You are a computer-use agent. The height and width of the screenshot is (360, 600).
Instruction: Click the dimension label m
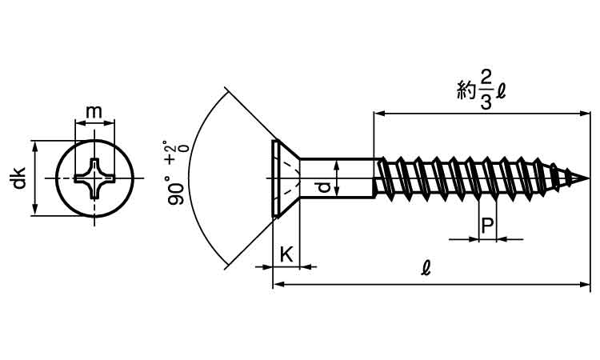(94, 112)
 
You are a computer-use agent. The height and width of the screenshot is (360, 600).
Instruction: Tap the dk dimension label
(18, 178)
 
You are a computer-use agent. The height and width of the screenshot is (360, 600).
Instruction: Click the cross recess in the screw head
(95, 178)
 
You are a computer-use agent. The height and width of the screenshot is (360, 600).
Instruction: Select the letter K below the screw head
(286, 254)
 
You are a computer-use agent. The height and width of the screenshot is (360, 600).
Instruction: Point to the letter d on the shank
(323, 187)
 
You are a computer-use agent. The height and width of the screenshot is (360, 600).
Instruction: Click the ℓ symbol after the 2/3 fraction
(501, 90)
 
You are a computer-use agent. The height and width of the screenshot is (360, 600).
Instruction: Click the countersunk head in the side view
(283, 178)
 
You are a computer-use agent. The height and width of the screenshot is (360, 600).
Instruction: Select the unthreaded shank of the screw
(336, 178)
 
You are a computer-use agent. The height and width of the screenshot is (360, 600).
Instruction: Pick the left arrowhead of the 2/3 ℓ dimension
(379, 114)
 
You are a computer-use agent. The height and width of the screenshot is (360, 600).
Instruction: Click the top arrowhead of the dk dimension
(34, 146)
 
